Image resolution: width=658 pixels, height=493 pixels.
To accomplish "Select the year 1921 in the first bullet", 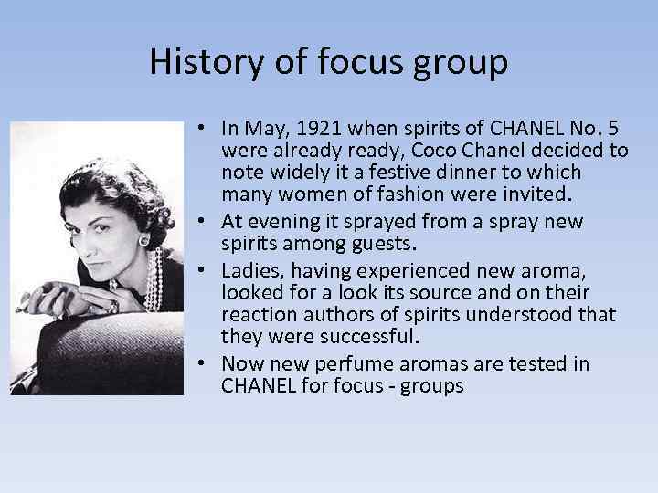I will pos(326,127).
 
